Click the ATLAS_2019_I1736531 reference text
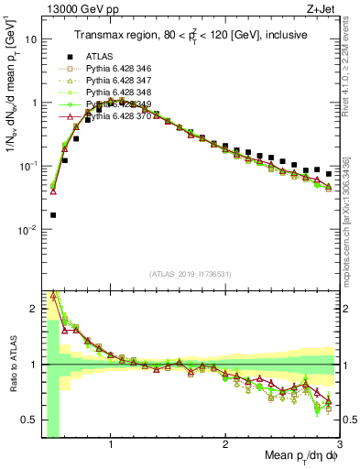pyautogui.click(x=190, y=275)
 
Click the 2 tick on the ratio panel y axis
pyautogui.click(x=34, y=308)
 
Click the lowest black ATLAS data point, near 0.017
pyautogui.click(x=53, y=215)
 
